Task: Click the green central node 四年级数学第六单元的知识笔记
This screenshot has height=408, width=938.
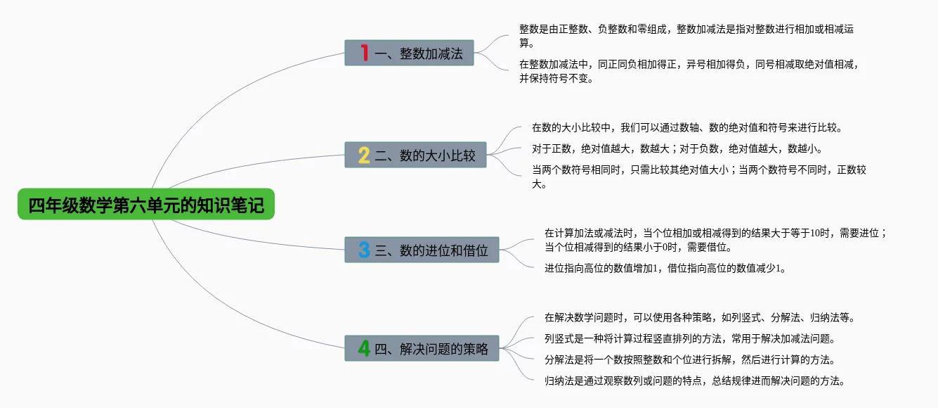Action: (x=146, y=205)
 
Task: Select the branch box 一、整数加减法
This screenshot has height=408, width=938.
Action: (x=410, y=53)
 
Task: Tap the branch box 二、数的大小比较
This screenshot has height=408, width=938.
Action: (x=415, y=155)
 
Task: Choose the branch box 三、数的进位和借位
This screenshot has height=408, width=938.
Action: (x=422, y=250)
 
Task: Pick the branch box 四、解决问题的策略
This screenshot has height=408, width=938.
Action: (x=422, y=348)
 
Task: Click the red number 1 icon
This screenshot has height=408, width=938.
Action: (x=364, y=53)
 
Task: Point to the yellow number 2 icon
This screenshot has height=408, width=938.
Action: (x=364, y=155)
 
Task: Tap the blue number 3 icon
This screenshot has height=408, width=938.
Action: (x=364, y=250)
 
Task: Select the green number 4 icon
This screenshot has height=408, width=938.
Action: (x=364, y=348)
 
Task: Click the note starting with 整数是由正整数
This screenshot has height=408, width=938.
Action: (x=686, y=36)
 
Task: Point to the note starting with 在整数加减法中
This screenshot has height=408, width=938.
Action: (x=689, y=71)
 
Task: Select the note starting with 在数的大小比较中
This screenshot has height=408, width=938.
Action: (x=686, y=128)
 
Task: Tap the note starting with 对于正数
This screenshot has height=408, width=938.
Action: (x=677, y=149)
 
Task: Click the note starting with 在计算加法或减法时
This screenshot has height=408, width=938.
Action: (x=715, y=240)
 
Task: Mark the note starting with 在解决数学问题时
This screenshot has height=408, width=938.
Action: (x=699, y=317)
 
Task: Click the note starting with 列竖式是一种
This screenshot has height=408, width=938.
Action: (x=689, y=338)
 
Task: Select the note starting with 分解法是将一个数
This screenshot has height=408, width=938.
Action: (x=689, y=359)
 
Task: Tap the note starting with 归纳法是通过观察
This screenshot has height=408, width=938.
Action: (x=694, y=381)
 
